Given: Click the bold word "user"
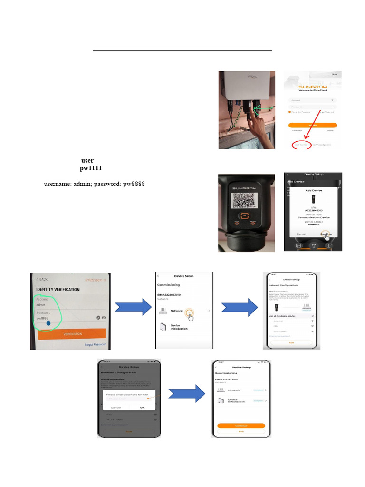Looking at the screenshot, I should coord(87,161).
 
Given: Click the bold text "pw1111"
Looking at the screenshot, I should coord(90,168).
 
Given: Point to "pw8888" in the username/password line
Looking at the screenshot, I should coord(134,184).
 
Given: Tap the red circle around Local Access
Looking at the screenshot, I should coord(302,145).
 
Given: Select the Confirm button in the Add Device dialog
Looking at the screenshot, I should coord(326,234).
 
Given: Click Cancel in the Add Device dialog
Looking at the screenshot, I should coord(301,234).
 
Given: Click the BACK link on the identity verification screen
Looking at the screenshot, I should coord(42,279).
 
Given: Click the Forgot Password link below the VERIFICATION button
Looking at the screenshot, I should coord(95,345).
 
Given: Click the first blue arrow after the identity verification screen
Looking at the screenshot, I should coord(133,310).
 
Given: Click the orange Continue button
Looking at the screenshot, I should coord(241,426).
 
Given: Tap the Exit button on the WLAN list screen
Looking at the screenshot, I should coord(291,342).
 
